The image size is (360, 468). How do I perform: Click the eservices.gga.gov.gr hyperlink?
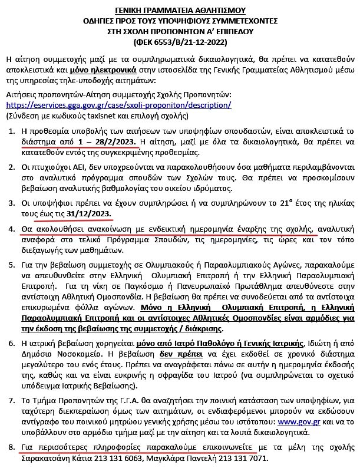[118, 105]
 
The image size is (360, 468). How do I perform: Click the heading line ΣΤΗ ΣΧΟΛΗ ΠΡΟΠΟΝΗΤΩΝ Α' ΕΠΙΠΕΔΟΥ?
[180, 32]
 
